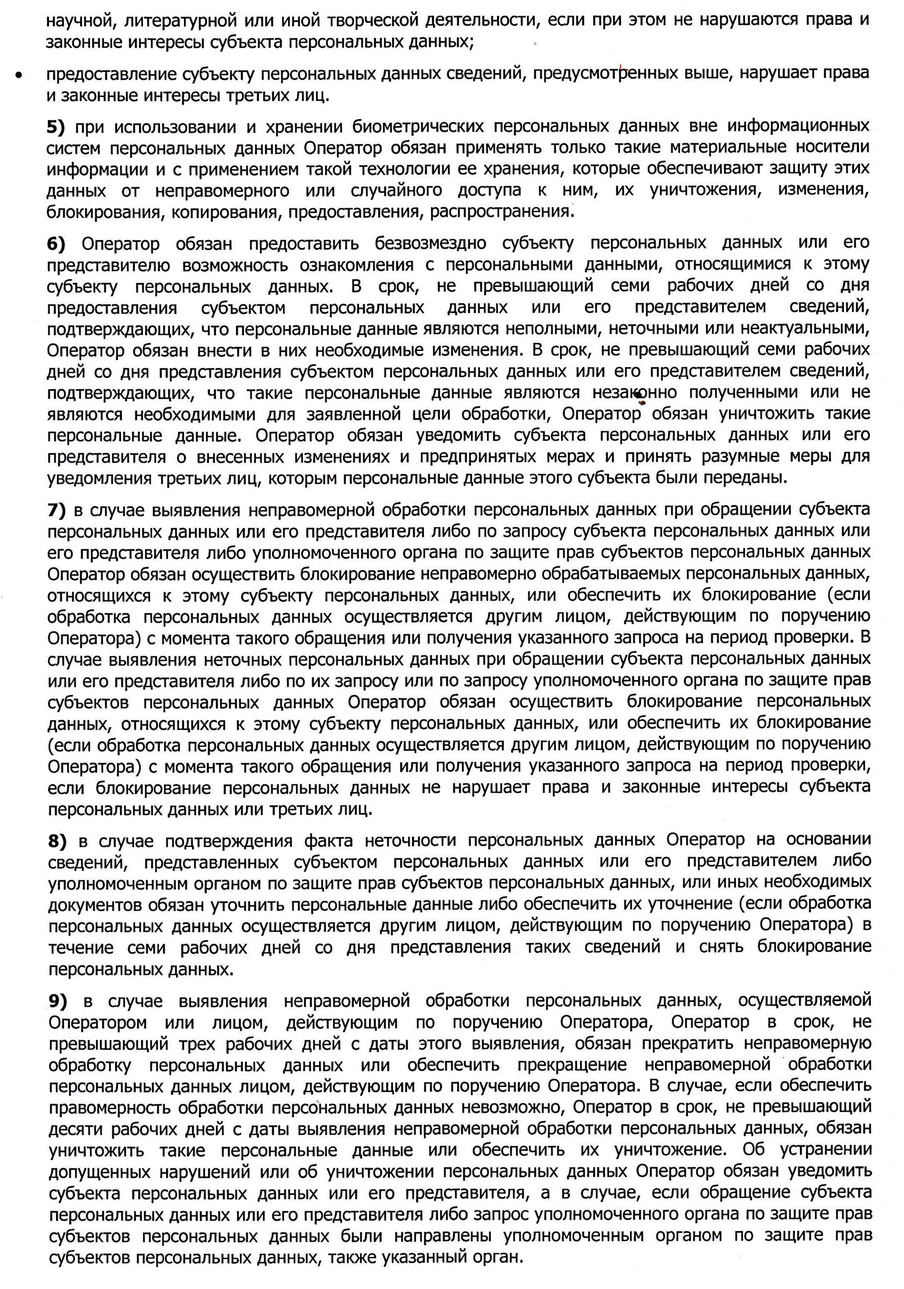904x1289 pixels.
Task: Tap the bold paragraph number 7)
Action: point(56,511)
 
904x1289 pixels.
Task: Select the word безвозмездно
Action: point(430,244)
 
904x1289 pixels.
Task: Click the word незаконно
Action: point(634,392)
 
